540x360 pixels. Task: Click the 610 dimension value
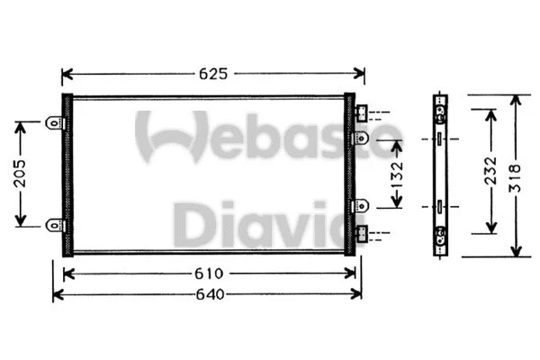pyautogui.click(x=208, y=273)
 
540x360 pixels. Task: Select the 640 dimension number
pyautogui.click(x=208, y=294)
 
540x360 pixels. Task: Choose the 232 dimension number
pyautogui.click(x=490, y=171)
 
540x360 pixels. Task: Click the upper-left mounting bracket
pyautogui.click(x=53, y=122)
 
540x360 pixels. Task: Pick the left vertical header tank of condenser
pyautogui.click(x=66, y=174)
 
